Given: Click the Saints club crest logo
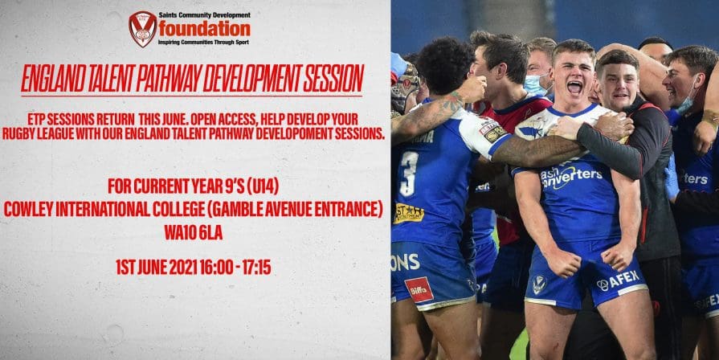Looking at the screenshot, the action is [x=143, y=29].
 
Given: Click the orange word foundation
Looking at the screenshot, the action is [x=205, y=30].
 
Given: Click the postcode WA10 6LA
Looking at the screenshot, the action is [x=193, y=233].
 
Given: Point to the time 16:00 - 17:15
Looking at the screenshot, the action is [x=235, y=268].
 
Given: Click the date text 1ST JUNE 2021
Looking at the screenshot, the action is [x=157, y=268].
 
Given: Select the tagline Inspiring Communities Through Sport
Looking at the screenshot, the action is [x=203, y=43].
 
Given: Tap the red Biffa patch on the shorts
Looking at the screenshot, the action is [x=419, y=290].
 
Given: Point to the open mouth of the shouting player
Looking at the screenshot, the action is [x=574, y=87].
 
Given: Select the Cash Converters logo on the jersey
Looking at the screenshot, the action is [x=571, y=177].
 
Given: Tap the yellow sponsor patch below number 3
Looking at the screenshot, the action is [x=408, y=213].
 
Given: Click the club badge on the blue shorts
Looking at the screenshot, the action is [x=539, y=284].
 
